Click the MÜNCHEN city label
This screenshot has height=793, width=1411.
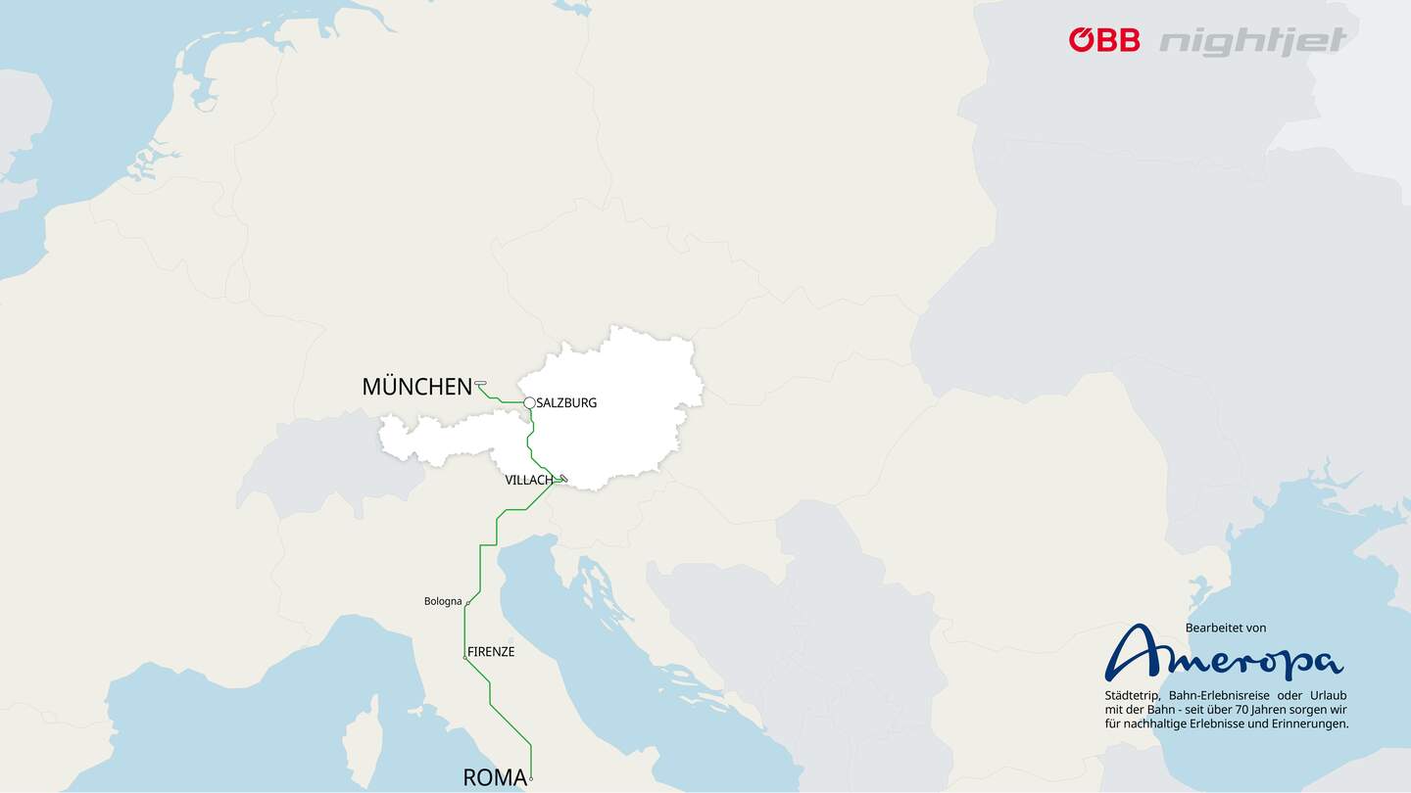(x=416, y=387)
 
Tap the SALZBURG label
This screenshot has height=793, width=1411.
(x=566, y=403)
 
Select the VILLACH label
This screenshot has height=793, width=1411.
(x=528, y=481)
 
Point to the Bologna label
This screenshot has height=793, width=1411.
(x=442, y=601)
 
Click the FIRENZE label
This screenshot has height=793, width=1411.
(x=492, y=652)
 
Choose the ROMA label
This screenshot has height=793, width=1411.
(x=494, y=778)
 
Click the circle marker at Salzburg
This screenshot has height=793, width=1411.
(x=529, y=402)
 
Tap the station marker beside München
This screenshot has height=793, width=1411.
(x=480, y=384)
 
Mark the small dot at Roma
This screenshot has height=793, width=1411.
(x=531, y=779)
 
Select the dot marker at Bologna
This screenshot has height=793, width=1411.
(x=466, y=603)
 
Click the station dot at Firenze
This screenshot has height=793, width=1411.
(x=464, y=658)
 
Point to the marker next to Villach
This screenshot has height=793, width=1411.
(x=563, y=479)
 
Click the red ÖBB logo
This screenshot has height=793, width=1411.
(x=1104, y=40)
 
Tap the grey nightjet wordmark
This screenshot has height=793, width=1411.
(x=1253, y=41)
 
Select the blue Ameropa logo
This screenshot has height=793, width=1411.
(x=1224, y=654)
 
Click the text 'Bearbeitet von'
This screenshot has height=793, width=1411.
(x=1226, y=628)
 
